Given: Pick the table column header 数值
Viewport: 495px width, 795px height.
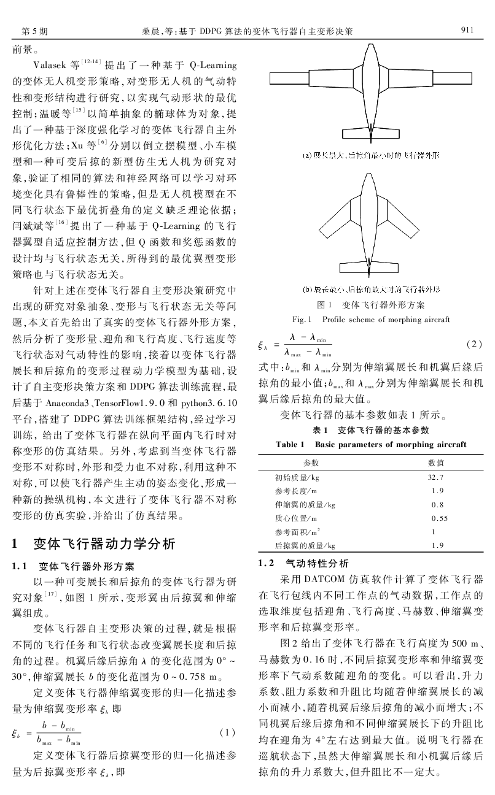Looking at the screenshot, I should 436,461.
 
